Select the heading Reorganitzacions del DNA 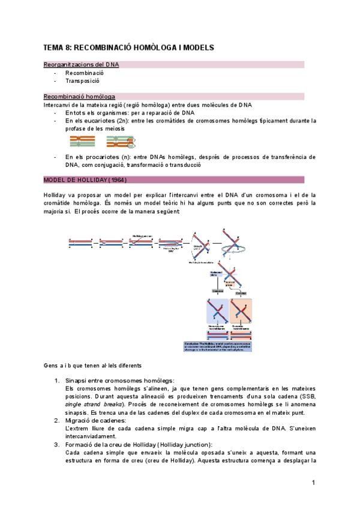tap(81, 64)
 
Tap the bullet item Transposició tap(83, 80)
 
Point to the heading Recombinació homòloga tap(79, 96)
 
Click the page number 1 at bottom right tap(313, 483)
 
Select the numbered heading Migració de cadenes tap(95, 422)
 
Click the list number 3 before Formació tap(57, 445)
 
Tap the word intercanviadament tap(89, 436)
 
